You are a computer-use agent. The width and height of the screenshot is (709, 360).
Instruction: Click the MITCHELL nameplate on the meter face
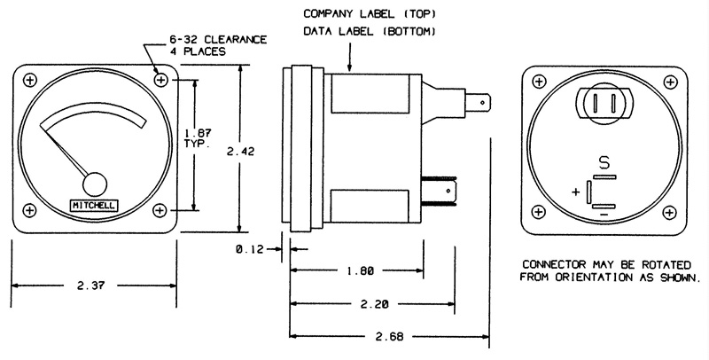(94, 205)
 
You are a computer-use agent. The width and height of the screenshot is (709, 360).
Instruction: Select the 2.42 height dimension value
(240, 152)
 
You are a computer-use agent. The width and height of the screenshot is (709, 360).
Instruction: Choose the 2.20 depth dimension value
(371, 303)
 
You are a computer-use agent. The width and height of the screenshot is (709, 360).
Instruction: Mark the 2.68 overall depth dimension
(390, 336)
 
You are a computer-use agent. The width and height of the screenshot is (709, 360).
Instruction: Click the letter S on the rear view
(604, 162)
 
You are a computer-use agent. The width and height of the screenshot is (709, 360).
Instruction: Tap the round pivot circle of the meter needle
(94, 184)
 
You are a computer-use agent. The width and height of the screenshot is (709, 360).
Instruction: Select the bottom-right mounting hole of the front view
(160, 210)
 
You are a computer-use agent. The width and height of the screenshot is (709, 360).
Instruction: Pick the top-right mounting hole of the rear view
(669, 80)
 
